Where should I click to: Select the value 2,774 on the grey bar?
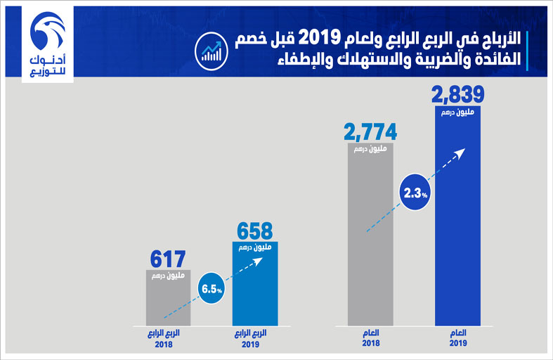[x=370, y=131]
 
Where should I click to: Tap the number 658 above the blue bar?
[x=255, y=231]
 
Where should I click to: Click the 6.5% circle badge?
[x=212, y=288]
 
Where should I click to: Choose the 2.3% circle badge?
[x=416, y=192]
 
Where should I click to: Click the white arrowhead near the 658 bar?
[x=258, y=261]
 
